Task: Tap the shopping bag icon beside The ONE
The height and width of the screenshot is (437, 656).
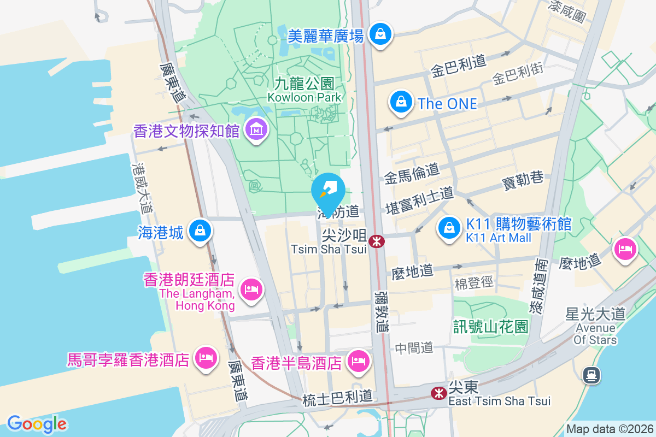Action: (401, 102)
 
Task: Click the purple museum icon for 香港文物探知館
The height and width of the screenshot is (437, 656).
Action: (255, 129)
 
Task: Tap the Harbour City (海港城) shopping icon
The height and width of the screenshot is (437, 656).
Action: (201, 231)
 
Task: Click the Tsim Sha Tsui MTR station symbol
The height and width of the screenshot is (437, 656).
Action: (376, 241)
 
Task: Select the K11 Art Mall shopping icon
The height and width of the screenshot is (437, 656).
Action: (449, 227)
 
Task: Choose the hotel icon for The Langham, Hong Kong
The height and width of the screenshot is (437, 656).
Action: (251, 288)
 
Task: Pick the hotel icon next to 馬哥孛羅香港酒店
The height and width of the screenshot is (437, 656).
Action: (206, 358)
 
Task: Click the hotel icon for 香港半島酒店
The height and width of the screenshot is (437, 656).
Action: (358, 361)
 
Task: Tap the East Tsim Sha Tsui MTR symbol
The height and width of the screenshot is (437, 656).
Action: (438, 393)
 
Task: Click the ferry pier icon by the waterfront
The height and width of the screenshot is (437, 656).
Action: (591, 375)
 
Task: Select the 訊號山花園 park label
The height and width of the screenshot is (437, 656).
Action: (491, 327)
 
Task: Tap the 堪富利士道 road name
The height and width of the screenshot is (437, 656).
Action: (419, 200)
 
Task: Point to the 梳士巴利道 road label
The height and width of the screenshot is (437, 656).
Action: (337, 399)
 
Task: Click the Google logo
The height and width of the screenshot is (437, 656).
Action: (37, 424)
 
